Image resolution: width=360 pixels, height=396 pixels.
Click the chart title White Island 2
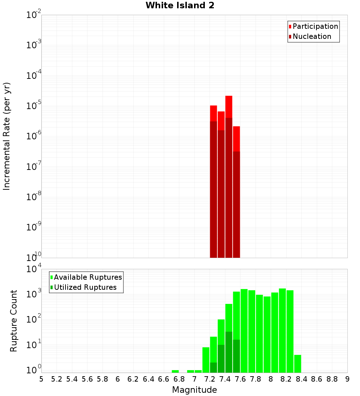click(180, 6)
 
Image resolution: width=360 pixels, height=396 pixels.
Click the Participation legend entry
click(315, 26)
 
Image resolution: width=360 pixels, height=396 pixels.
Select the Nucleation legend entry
click(312, 36)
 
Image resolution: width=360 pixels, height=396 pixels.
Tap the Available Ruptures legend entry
click(88, 277)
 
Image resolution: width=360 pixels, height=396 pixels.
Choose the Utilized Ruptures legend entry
click(85, 287)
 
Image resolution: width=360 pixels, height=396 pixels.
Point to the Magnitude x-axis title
click(194, 390)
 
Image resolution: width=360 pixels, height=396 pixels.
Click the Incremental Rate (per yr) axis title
click(7, 136)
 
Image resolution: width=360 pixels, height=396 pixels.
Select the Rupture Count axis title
click(14, 320)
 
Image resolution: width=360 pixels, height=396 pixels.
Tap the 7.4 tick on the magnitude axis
click(225, 379)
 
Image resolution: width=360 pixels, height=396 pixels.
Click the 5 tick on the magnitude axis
click(41, 379)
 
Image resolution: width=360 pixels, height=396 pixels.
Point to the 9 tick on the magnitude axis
click(347, 379)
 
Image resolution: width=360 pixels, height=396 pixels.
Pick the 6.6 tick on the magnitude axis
click(164, 379)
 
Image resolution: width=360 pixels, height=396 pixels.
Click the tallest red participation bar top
click(229, 96)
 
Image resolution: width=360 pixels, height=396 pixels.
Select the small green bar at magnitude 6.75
click(175, 371)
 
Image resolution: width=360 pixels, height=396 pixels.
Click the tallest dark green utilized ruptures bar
click(229, 351)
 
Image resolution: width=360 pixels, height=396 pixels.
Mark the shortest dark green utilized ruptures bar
click(213, 367)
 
